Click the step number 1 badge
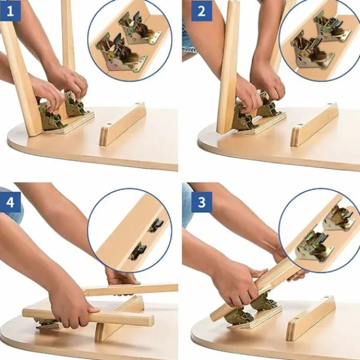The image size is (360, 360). [x=10, y=11]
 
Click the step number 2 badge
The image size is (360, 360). [x=202, y=11]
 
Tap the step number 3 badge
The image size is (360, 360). [x=202, y=202]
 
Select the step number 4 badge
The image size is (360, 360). [x=10, y=202]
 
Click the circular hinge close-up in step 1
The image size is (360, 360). [x=130, y=40]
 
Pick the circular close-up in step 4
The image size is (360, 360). [x=130, y=230]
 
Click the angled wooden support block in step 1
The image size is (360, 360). [x=122, y=124]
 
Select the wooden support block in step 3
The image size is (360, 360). [x=310, y=318]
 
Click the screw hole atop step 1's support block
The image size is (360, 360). [x=138, y=104]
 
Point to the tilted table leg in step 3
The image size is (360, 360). [x=255, y=289]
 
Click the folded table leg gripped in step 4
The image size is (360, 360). [x=88, y=316]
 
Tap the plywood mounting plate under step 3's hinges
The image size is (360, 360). [x=255, y=318]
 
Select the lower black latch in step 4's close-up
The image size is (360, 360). [x=138, y=251]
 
